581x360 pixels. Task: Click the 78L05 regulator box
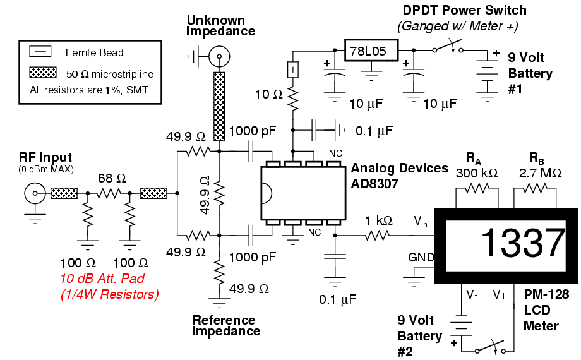[371, 50]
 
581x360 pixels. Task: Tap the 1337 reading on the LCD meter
[523, 241]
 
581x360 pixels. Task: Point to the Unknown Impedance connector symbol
[219, 57]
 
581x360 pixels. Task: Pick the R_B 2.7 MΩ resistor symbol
[536, 188]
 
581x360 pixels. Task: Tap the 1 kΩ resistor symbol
[378, 235]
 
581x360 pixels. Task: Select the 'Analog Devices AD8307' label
[399, 175]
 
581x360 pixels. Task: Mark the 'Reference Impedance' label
[224, 325]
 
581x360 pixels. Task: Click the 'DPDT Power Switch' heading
[465, 11]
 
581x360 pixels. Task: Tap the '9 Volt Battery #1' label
[529, 73]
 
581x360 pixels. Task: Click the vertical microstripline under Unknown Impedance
[219, 105]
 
